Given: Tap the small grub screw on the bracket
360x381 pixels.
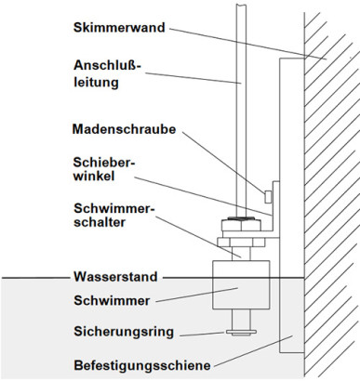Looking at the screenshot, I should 268,195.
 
